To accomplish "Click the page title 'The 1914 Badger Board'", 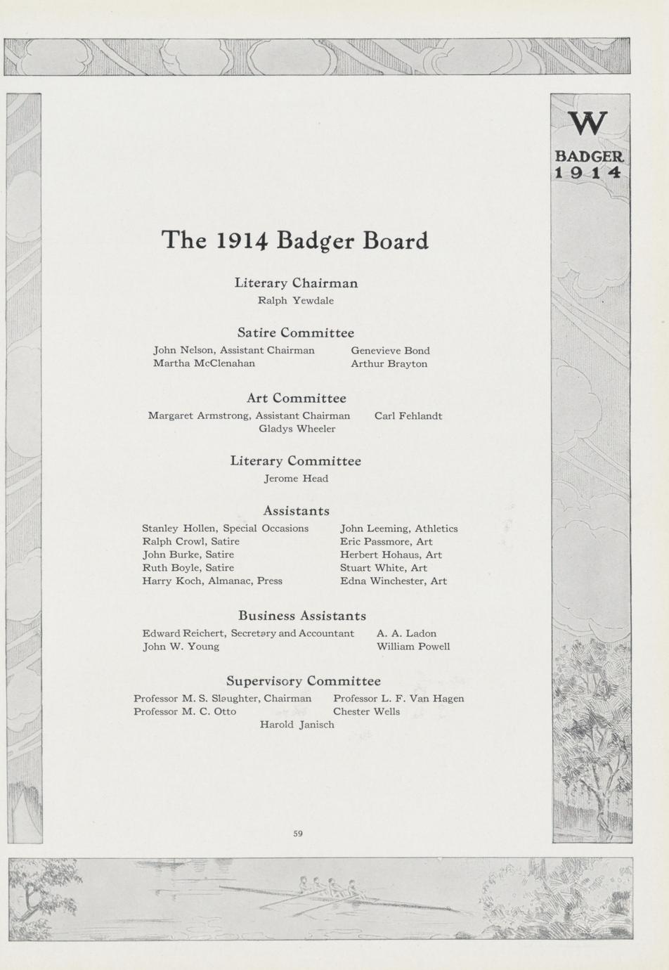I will [x=295, y=240].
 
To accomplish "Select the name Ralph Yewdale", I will [x=296, y=301].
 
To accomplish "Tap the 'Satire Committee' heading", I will [x=295, y=332].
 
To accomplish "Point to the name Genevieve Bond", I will [x=390, y=351].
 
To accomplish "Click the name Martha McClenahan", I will [x=204, y=363].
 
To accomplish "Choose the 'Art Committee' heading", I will [x=296, y=399].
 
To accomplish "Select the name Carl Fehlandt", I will [x=408, y=416].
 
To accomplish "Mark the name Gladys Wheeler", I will [x=297, y=429].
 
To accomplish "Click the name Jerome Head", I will [x=296, y=479].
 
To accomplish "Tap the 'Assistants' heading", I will [x=296, y=511].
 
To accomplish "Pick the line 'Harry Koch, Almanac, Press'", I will [x=212, y=581].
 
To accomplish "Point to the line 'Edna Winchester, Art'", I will [x=393, y=581].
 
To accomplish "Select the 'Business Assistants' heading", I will [x=302, y=616].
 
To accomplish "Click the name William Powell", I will [x=413, y=647].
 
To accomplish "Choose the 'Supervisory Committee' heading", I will [x=303, y=681].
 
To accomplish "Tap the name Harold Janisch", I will [x=297, y=725].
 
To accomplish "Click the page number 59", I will [x=298, y=834].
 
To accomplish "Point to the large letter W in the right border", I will [x=588, y=124].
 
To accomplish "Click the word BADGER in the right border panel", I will [x=589, y=156].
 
